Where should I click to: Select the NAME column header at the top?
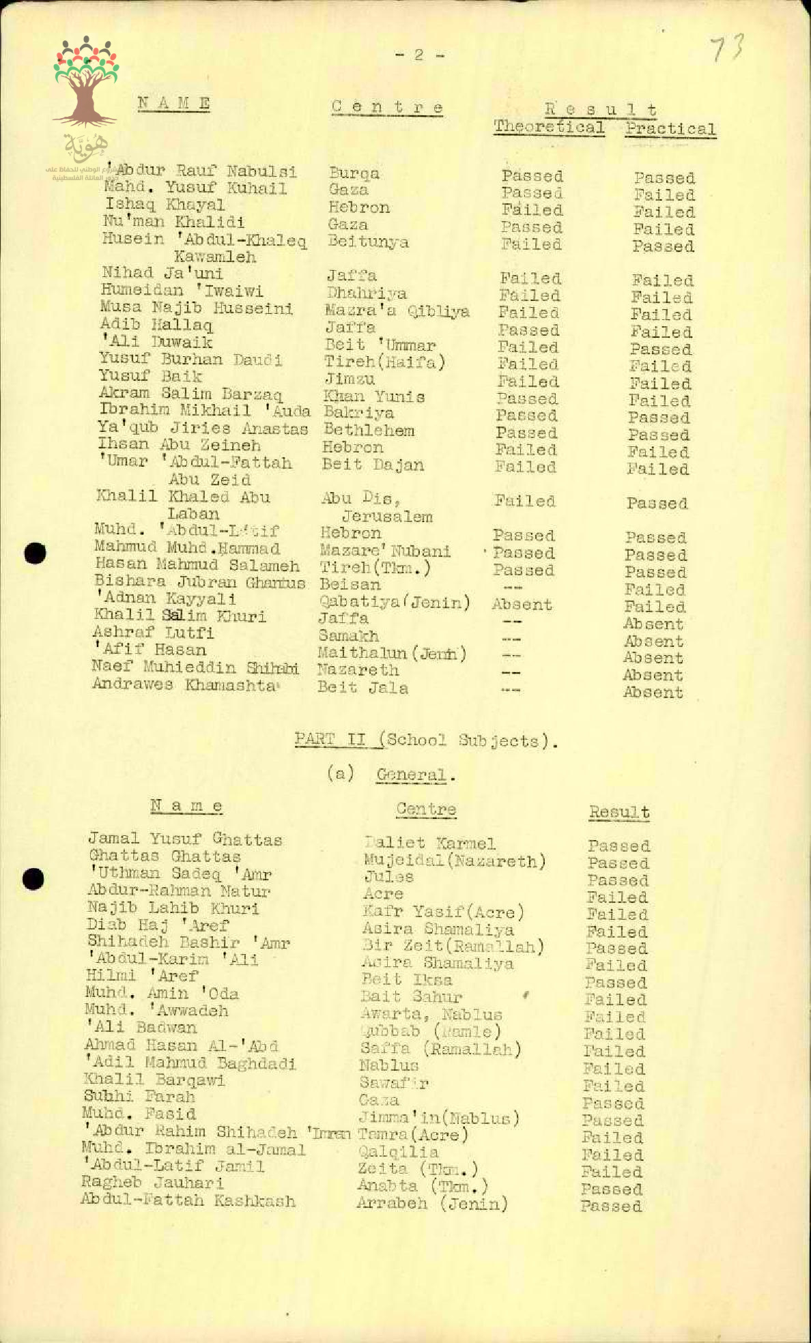tap(173, 104)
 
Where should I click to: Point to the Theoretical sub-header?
tap(549, 127)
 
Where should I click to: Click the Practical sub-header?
tap(670, 129)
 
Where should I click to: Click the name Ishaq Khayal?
tap(165, 205)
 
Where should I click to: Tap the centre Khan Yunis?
tap(374, 396)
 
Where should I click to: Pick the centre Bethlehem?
tap(369, 431)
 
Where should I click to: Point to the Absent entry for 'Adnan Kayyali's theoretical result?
tap(522, 605)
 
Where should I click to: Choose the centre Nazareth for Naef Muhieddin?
tap(358, 670)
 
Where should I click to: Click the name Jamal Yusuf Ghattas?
tap(185, 839)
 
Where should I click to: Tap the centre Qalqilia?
tap(399, 1152)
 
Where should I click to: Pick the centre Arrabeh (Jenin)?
tap(432, 1202)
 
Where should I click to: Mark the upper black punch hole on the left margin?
tap(34, 553)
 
